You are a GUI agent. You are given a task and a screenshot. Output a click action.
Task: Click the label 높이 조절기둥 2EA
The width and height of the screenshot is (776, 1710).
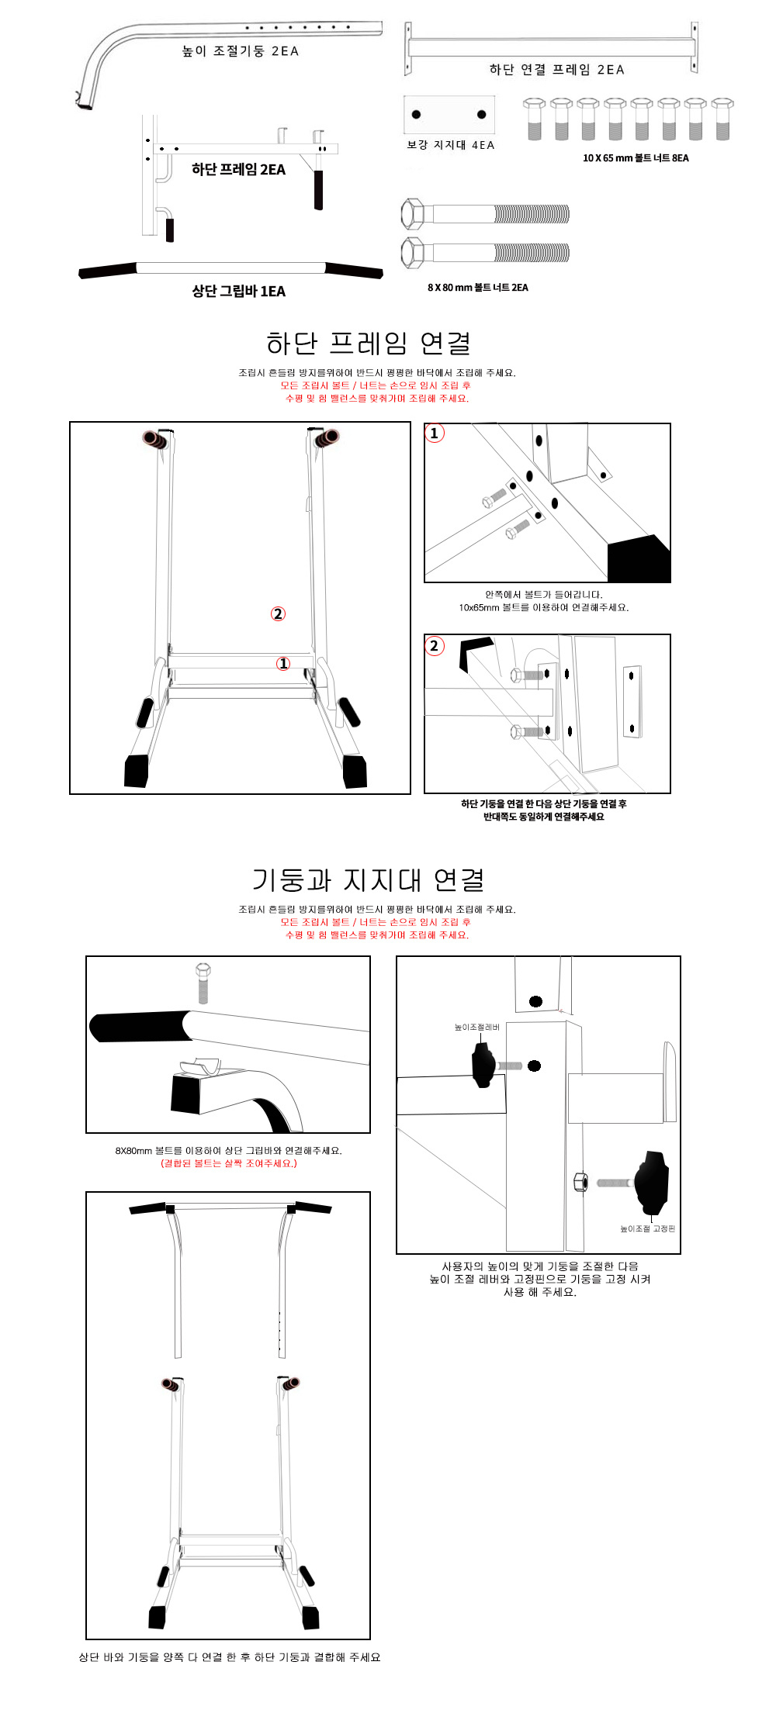coord(240,51)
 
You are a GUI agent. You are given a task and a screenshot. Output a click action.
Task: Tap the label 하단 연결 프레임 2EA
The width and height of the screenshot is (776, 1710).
coord(556,70)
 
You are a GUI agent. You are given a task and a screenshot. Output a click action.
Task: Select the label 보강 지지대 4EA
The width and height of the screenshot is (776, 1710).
coord(450,145)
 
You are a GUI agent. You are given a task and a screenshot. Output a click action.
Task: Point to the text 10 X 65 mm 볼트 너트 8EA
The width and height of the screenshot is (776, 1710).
coord(636,158)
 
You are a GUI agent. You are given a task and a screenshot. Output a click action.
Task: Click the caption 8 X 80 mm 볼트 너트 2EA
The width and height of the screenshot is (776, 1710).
coord(478,288)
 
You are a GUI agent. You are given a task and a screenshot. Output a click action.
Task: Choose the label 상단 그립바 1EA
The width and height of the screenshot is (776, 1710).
coord(239,292)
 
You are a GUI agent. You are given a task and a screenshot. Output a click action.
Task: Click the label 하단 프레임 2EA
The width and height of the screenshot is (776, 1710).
coord(238,170)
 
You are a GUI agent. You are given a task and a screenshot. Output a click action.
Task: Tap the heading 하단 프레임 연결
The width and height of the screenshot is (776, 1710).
coord(369,343)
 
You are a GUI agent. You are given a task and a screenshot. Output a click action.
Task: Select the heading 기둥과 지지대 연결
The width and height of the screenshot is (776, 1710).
coord(369,880)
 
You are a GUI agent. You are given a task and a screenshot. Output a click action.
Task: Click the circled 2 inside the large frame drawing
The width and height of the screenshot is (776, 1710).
coord(278,614)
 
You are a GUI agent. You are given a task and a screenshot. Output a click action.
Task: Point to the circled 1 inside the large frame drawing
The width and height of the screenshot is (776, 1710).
coord(283,664)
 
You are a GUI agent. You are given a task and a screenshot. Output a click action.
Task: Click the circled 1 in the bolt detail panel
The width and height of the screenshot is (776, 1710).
coord(435,434)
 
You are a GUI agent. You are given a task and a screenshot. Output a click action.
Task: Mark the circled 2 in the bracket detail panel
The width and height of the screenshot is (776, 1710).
coord(435,645)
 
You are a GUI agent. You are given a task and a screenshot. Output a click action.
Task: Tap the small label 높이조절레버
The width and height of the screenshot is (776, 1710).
coord(477,1028)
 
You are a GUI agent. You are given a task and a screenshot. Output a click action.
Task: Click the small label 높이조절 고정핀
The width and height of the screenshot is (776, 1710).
coord(648,1228)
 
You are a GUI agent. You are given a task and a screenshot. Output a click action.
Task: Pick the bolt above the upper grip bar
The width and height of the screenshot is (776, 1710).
coord(203,983)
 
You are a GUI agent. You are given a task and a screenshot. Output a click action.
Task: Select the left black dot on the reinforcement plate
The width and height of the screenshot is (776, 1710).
coord(416,115)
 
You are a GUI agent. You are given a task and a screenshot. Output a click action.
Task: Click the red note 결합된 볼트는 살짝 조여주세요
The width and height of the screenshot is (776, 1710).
coord(229,1163)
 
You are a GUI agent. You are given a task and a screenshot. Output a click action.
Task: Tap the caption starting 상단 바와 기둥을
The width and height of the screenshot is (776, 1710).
coord(230,1657)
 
